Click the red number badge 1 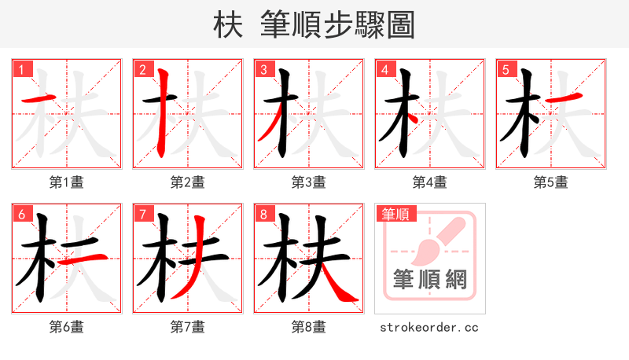tap(20, 69)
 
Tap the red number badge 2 tap(142, 69)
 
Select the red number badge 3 tap(263, 69)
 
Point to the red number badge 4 tap(384, 69)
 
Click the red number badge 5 tap(505, 69)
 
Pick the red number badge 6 tap(20, 214)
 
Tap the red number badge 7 tap(142, 214)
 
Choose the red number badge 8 tap(263, 214)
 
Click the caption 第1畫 tap(67, 182)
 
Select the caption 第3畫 tap(309, 182)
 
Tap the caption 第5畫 tap(551, 182)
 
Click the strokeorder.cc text tap(429, 327)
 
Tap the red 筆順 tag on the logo tap(395, 214)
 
